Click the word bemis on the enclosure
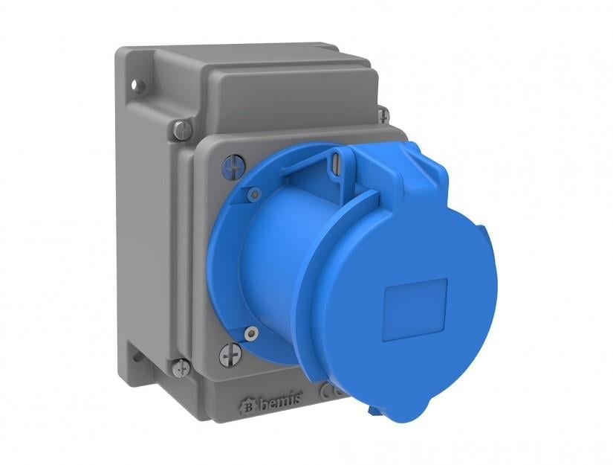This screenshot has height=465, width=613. (x=280, y=400)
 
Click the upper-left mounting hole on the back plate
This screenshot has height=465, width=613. (x=135, y=84)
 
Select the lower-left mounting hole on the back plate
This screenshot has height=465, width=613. (x=137, y=356)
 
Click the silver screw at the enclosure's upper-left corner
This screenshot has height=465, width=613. (x=183, y=129)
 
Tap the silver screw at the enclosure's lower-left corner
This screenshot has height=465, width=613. (x=181, y=368)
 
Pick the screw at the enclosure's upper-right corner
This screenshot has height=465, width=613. (x=383, y=115)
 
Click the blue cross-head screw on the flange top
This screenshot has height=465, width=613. (x=235, y=167)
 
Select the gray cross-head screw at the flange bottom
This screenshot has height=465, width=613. (x=230, y=356)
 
